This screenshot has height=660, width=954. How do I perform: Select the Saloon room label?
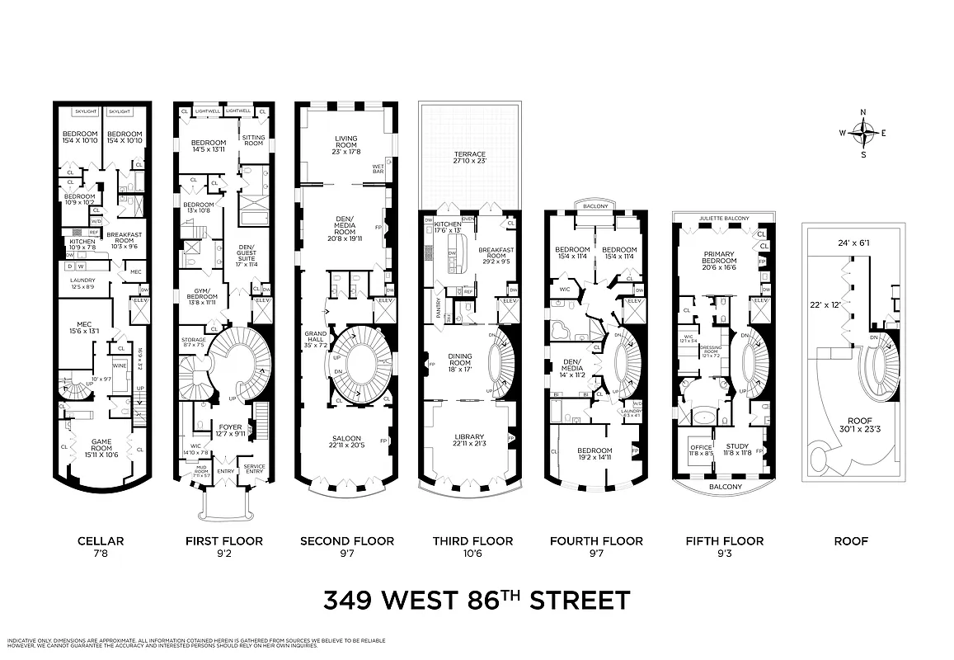coord(346,441)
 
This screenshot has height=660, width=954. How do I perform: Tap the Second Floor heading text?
coord(346,541)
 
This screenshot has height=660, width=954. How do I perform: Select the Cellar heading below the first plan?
coord(101,541)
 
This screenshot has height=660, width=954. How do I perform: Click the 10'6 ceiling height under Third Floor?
coord(472,554)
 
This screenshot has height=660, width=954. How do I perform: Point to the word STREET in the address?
coord(580,601)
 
